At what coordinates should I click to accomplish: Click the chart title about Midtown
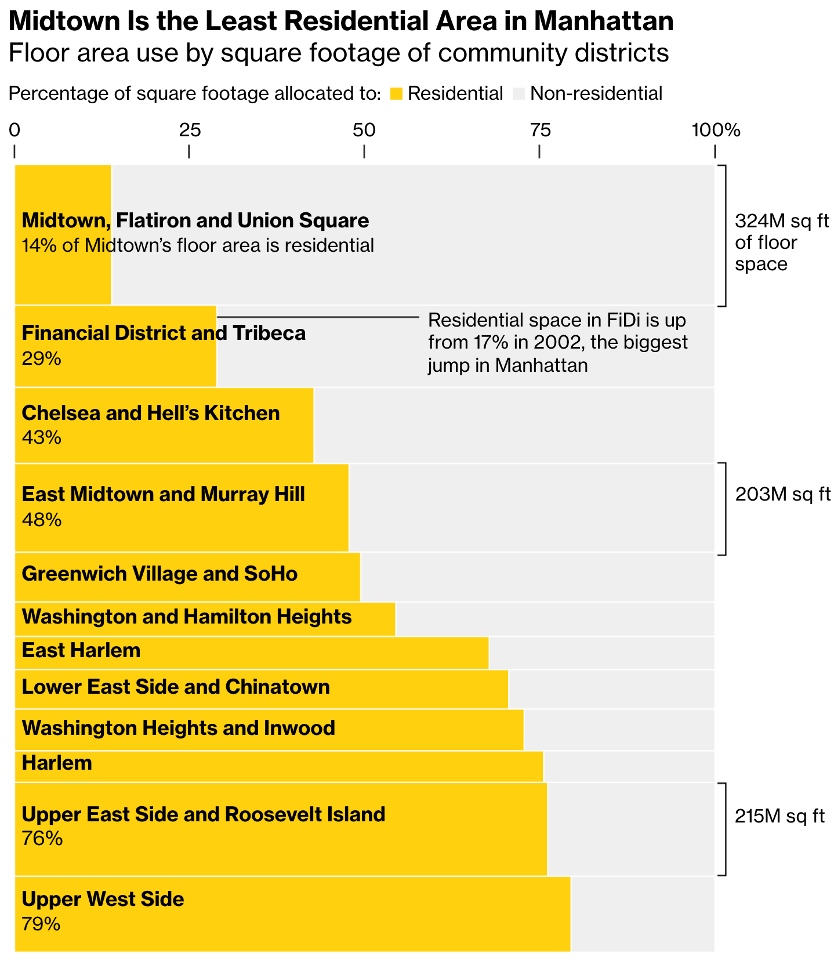coord(341,22)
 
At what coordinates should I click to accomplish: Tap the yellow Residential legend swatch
coord(397,93)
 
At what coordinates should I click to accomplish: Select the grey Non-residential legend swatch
coord(519,93)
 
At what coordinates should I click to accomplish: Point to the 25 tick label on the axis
coord(190,131)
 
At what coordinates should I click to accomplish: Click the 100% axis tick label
coord(716,131)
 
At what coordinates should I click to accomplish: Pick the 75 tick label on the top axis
coord(540,131)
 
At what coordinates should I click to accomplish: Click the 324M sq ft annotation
coord(781,242)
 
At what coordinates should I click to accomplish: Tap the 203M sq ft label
coord(782,494)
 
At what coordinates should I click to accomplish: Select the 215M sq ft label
coord(779,816)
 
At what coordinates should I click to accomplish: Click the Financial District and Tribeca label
coord(164,333)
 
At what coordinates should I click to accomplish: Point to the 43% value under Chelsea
coord(42,437)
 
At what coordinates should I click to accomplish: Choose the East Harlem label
coord(81,650)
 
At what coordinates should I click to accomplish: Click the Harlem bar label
coord(57,763)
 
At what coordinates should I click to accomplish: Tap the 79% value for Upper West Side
coord(41,924)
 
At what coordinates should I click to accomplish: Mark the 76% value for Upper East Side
coord(42,839)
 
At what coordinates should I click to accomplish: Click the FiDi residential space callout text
coord(557,342)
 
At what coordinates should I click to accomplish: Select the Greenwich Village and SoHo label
coord(159,574)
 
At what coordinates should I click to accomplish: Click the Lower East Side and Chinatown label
coord(176,687)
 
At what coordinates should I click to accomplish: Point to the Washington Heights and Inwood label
coord(179,727)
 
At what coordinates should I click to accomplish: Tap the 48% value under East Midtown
coord(42,519)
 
